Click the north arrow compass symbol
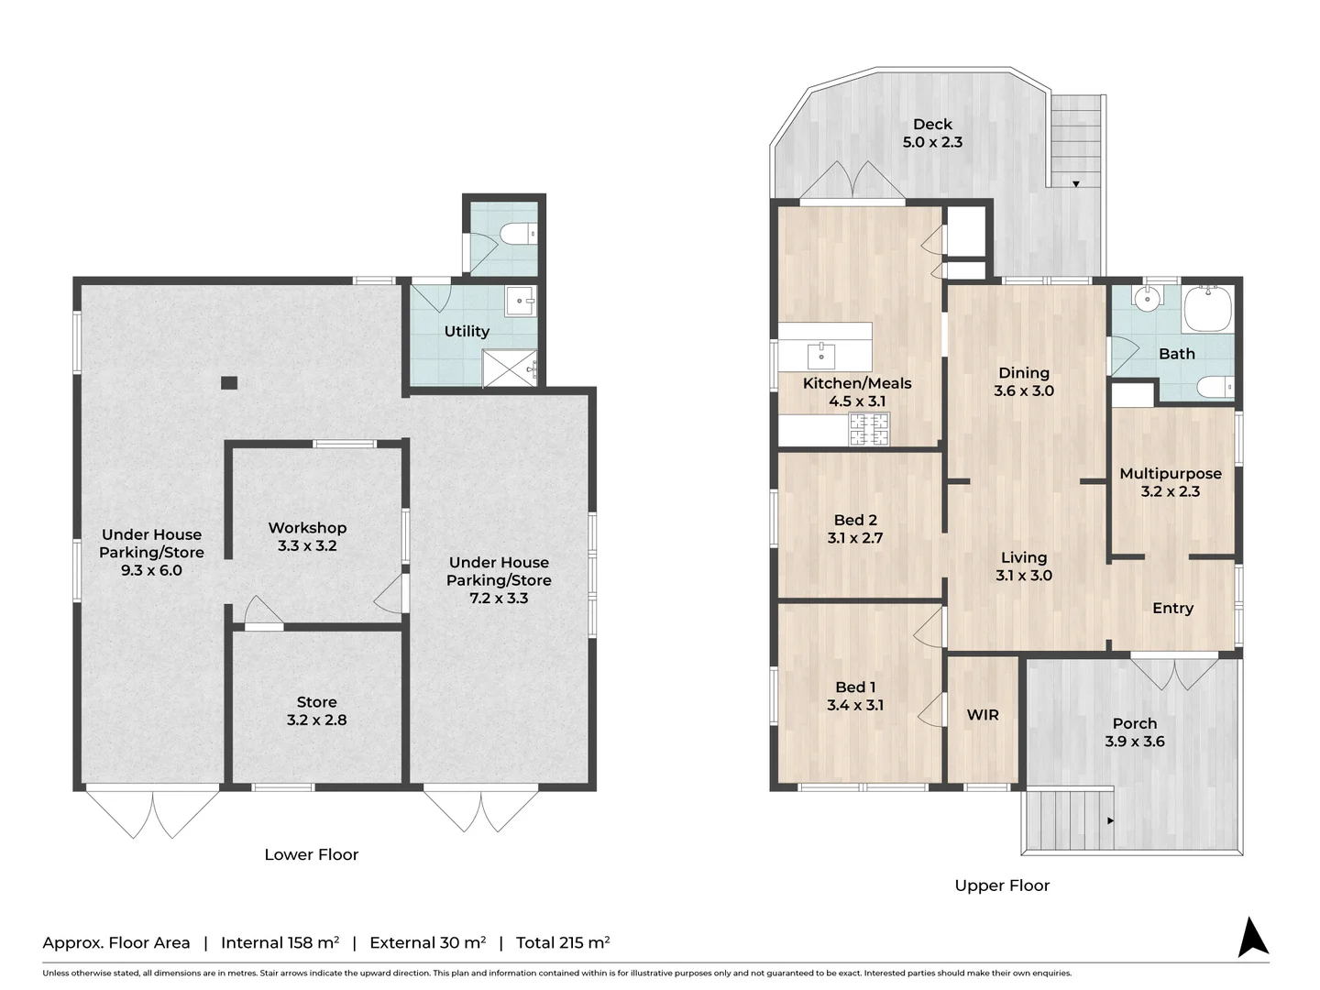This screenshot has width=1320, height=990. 1253,938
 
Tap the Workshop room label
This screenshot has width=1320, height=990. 307,536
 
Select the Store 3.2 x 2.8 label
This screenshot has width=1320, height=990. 316,711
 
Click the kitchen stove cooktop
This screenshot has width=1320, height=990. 869,429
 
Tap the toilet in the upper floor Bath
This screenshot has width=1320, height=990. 1215,388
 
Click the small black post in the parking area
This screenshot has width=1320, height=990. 229,382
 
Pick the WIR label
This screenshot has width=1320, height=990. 983,715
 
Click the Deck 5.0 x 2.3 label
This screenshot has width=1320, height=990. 932,133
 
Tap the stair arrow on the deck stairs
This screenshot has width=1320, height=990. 1076,184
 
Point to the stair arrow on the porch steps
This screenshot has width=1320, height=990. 1111,820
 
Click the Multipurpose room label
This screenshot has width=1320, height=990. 1171,482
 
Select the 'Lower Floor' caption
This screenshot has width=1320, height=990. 311,854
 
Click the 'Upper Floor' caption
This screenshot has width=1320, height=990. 1002,885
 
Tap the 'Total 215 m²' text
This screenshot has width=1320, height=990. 563,942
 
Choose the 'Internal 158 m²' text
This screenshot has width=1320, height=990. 280,942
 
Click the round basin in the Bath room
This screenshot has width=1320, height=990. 1145,298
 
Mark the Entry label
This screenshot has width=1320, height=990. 1172,608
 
